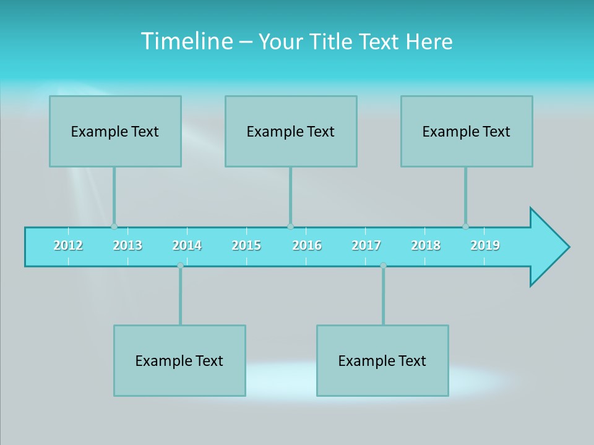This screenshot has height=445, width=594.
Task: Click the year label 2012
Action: (x=68, y=245)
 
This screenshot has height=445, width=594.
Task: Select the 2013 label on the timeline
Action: (x=127, y=245)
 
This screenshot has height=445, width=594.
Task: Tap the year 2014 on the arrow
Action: (x=187, y=245)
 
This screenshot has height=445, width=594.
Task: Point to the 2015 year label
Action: (x=246, y=245)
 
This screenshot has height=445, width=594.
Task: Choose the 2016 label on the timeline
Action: (x=307, y=245)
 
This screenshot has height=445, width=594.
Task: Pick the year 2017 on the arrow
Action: (x=366, y=245)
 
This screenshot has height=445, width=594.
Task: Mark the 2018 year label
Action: (x=426, y=245)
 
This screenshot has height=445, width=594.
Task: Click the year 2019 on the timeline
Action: (x=485, y=245)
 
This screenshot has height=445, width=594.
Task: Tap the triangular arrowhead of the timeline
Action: (x=548, y=247)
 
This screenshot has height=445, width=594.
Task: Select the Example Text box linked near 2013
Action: (x=115, y=131)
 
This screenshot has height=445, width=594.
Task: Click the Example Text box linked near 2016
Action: (x=291, y=131)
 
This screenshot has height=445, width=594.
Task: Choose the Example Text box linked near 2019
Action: (x=467, y=131)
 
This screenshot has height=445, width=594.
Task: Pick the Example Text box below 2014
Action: (x=179, y=360)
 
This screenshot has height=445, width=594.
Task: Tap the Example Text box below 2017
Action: (x=382, y=360)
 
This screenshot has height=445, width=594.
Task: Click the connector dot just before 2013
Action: (x=114, y=227)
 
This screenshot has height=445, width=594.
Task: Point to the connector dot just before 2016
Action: (x=290, y=227)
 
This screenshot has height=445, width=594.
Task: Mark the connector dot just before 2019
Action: (x=465, y=227)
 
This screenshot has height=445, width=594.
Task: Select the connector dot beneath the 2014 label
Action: (x=180, y=266)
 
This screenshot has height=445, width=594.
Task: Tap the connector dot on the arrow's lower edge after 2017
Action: (x=383, y=266)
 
